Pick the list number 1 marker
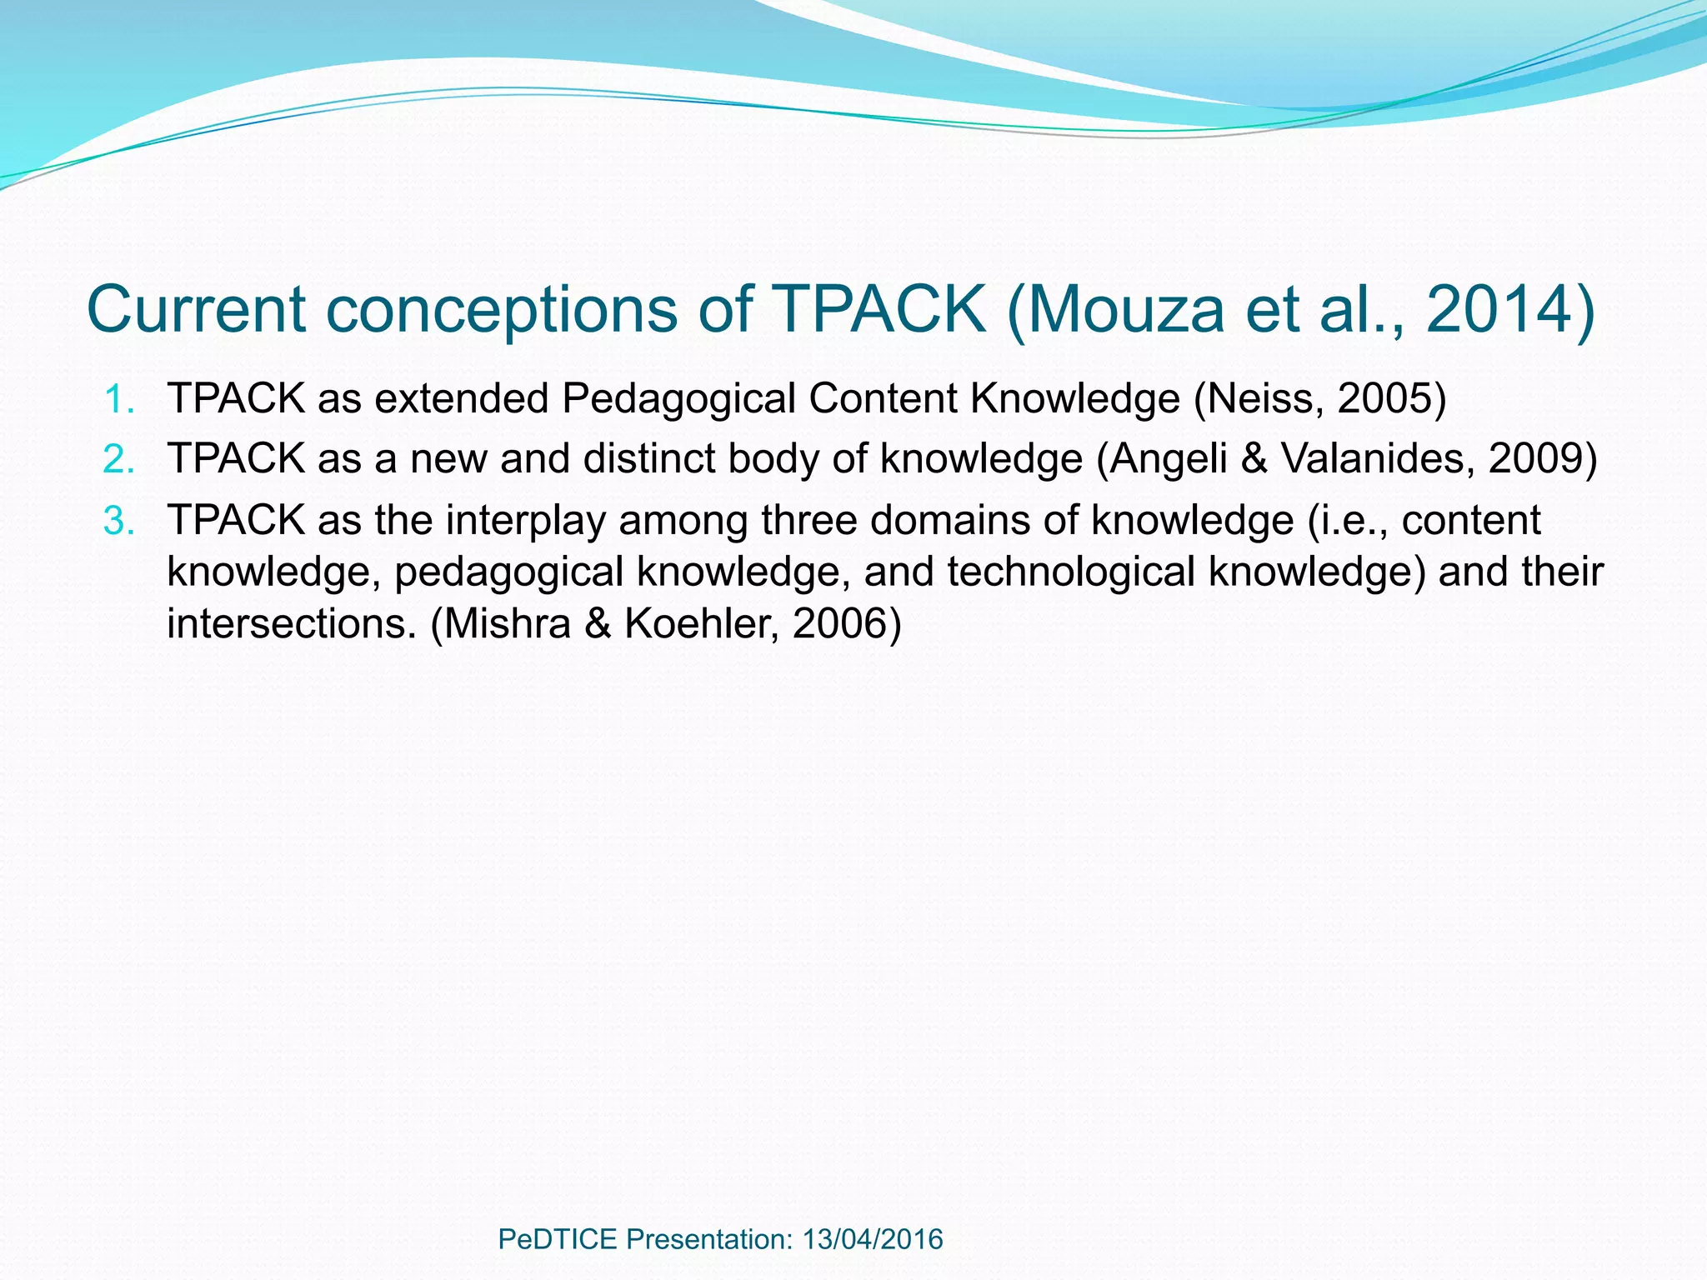tap(118, 399)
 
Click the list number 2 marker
tap(118, 459)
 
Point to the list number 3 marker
tap(118, 522)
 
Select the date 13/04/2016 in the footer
tap(873, 1239)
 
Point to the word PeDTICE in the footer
tap(558, 1239)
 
